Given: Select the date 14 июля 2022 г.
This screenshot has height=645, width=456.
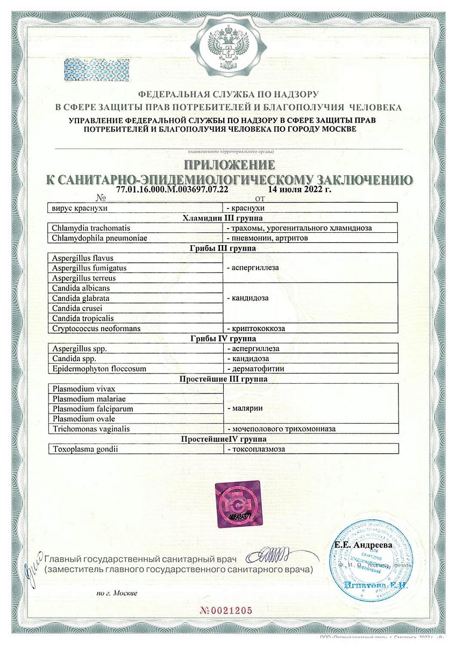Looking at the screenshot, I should point(298,190).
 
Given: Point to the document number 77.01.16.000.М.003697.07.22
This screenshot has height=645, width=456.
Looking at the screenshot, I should point(172,190).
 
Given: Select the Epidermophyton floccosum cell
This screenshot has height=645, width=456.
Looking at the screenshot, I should point(99,369).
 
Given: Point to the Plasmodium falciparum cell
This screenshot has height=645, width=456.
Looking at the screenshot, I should point(92,408).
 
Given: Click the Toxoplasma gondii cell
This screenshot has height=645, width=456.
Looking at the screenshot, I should point(85,448).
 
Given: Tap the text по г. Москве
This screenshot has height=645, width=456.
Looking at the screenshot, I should point(117,593).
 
